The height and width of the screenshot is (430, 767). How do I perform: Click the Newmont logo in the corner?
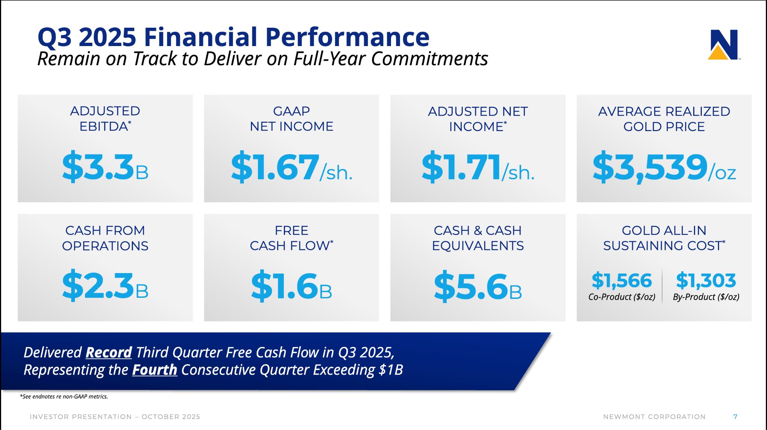click(724, 45)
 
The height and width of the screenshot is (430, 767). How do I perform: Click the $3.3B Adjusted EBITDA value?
click(105, 167)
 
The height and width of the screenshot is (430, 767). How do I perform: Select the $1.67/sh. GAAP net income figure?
click(291, 167)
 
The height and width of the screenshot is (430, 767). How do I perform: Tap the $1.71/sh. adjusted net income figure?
click(478, 167)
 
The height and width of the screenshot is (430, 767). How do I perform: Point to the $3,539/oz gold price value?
click(664, 167)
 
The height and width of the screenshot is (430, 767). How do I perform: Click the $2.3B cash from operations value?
click(105, 286)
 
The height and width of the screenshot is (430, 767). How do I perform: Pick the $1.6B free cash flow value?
click(291, 286)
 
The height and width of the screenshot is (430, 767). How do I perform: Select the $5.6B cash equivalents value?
click(478, 286)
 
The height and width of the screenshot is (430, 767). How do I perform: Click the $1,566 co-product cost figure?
click(622, 281)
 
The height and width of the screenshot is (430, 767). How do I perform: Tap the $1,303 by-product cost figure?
click(706, 281)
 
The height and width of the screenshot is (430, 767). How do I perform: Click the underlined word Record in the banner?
click(109, 352)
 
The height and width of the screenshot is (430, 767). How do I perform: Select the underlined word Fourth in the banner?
click(154, 370)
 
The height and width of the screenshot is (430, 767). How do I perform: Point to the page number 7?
click(735, 417)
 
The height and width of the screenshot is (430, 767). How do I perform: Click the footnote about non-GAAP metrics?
click(64, 396)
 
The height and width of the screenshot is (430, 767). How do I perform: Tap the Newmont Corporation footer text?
click(654, 417)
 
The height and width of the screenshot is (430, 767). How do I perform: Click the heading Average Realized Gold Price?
click(664, 119)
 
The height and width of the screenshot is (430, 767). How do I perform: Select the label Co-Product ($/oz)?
click(622, 297)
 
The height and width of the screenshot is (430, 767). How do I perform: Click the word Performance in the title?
click(347, 37)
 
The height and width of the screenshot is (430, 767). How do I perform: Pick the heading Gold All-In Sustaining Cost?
click(664, 238)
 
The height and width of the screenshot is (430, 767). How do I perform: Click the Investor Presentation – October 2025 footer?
click(115, 417)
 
